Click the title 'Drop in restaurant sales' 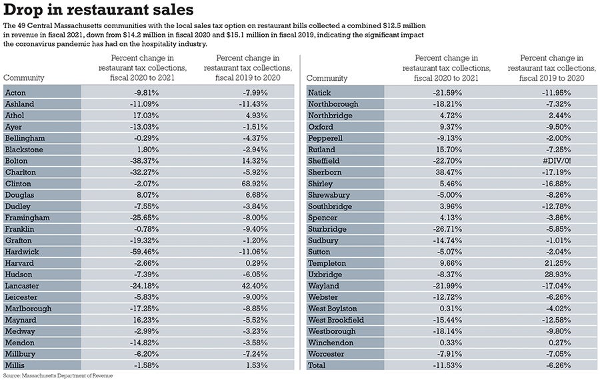pyautogui.click(x=99, y=11)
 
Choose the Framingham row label pyautogui.click(x=27, y=218)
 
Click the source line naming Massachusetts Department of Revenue pyautogui.click(x=61, y=376)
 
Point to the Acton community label pyautogui.click(x=16, y=92)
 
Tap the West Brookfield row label pyautogui.click(x=336, y=320)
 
